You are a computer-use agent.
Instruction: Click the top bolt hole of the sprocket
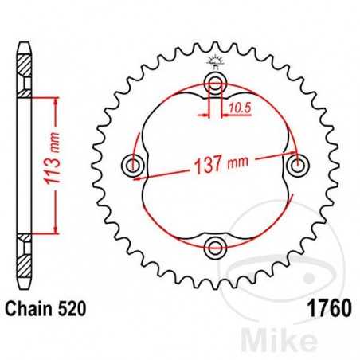coord(214,82)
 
